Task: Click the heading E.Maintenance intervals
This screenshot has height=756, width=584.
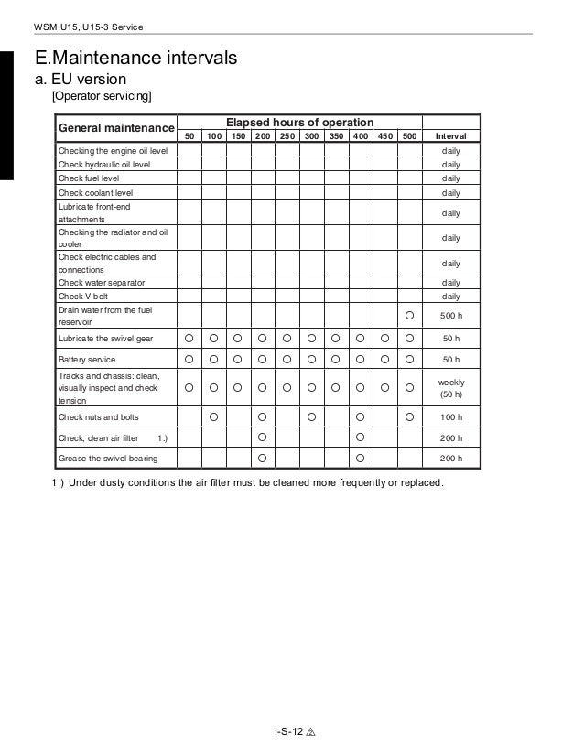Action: coord(135,59)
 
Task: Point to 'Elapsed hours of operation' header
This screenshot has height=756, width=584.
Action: coord(299,122)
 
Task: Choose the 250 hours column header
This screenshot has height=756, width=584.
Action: coord(287,135)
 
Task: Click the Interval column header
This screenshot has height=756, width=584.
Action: coord(450,135)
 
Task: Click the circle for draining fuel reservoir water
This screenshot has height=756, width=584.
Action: coord(409,316)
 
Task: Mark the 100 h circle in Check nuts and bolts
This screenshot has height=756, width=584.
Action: coord(213,417)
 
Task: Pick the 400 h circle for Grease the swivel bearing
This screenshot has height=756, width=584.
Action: coord(361,458)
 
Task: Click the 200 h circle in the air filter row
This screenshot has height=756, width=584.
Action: coord(263,437)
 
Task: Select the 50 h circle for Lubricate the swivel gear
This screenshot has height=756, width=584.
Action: coord(189,339)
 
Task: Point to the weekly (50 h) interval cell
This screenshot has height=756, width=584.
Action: coord(450,388)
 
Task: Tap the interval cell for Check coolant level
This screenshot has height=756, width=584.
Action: coord(450,193)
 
